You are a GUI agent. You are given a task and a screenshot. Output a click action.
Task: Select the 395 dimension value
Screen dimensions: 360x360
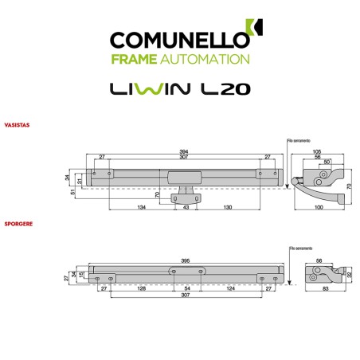point(186,260)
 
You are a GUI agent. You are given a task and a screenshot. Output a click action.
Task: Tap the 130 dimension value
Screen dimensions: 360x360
point(228,208)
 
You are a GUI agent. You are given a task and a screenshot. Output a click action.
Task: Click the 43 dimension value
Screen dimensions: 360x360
point(186,208)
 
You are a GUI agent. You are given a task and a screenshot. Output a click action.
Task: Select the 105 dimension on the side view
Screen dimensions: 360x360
point(316,151)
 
